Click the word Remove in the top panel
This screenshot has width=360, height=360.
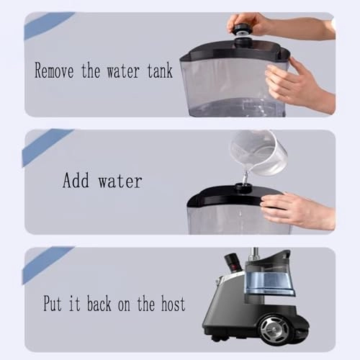point(54,70)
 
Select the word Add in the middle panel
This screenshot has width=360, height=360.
point(76,180)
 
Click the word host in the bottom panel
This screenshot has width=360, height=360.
point(173,304)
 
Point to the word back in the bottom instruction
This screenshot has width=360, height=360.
point(99,304)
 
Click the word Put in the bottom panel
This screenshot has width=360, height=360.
point(53,304)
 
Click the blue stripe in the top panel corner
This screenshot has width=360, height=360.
point(48,25)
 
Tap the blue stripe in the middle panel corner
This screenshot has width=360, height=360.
point(47,147)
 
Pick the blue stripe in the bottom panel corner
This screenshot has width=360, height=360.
point(48,265)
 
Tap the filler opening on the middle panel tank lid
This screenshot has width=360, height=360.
point(243,187)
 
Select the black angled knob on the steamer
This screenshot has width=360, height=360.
point(232,264)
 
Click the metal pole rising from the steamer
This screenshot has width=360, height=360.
point(255,254)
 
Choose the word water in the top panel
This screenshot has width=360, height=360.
point(123,71)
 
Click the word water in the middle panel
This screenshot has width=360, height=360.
point(120,181)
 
